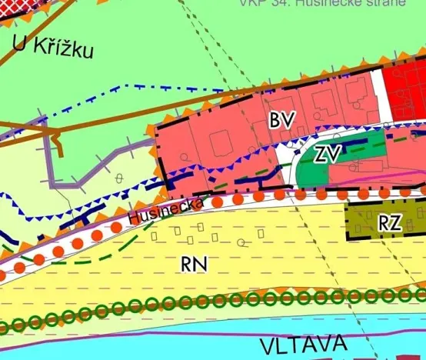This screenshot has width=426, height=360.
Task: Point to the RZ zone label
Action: coord(390,222)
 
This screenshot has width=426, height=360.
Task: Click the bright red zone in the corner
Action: coord(408,88)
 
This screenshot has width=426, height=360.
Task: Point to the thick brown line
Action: coord(231,98)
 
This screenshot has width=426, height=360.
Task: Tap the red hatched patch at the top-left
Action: coord(15,6)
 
